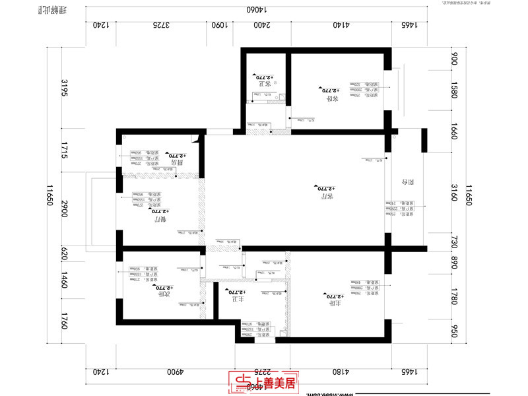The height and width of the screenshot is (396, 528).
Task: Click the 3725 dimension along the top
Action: point(162,25)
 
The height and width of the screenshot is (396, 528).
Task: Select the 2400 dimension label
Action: point(261,25)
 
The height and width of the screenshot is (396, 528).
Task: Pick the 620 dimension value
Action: point(65,254)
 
